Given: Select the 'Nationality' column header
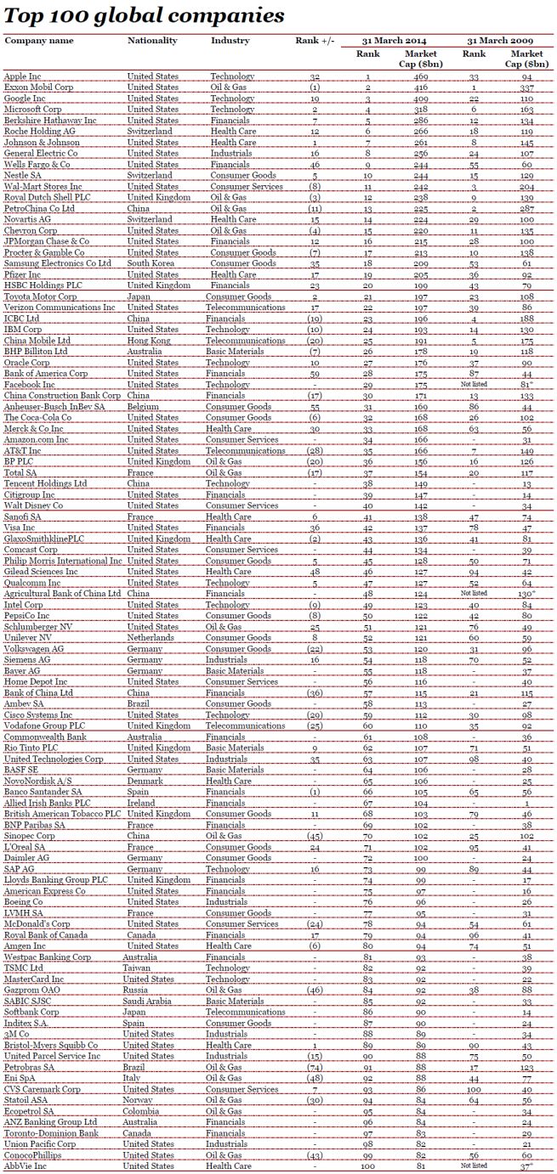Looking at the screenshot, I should [x=152, y=40].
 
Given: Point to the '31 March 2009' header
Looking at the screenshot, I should [x=502, y=40].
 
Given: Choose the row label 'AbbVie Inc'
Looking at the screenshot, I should [x=26, y=1166].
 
